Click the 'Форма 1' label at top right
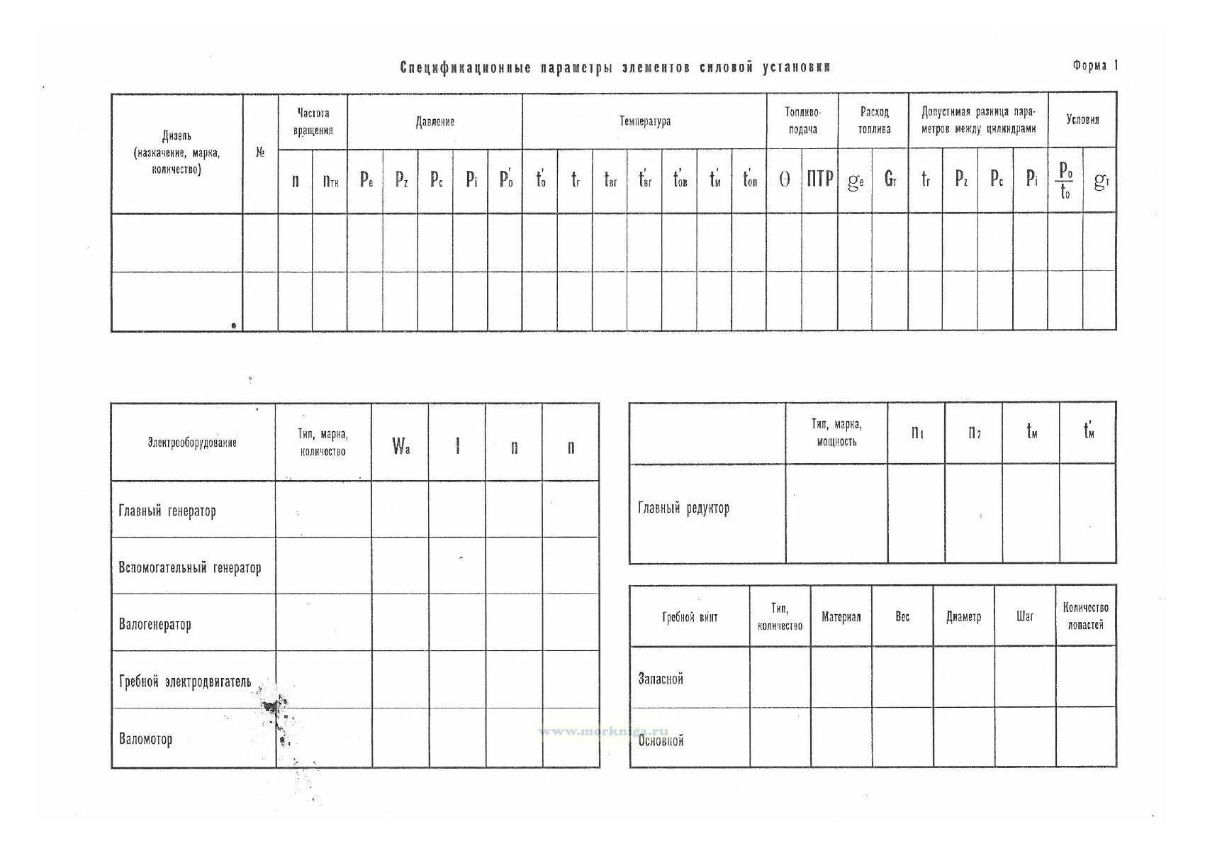[x=1094, y=66]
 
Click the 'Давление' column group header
[x=435, y=122]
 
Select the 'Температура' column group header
[x=644, y=121]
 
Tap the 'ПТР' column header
[x=819, y=179]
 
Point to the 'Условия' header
[x=1082, y=120]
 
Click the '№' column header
[x=260, y=152]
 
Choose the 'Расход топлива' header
[x=874, y=121]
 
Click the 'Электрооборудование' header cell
[x=192, y=443]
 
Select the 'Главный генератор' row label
[x=167, y=511]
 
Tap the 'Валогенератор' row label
[x=155, y=625]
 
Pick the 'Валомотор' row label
[x=145, y=739]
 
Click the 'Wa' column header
[x=400, y=447]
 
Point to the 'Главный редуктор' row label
[x=683, y=508]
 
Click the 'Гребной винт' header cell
[x=690, y=617]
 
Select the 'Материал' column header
[x=841, y=617]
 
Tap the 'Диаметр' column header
[x=963, y=617]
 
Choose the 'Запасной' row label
[x=661, y=679]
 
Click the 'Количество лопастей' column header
[x=1085, y=616]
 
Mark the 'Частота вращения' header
[x=313, y=121]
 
